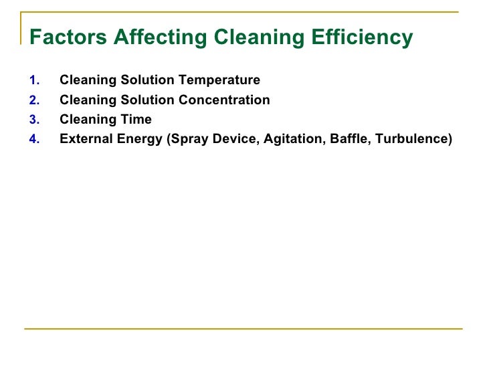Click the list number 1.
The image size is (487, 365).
point(35,81)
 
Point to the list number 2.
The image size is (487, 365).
point(35,100)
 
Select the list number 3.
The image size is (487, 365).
point(35,120)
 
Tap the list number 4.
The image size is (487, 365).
point(35,139)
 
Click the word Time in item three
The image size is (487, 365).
point(137,120)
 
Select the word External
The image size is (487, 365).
point(84,139)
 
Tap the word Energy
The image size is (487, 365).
point(138,139)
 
